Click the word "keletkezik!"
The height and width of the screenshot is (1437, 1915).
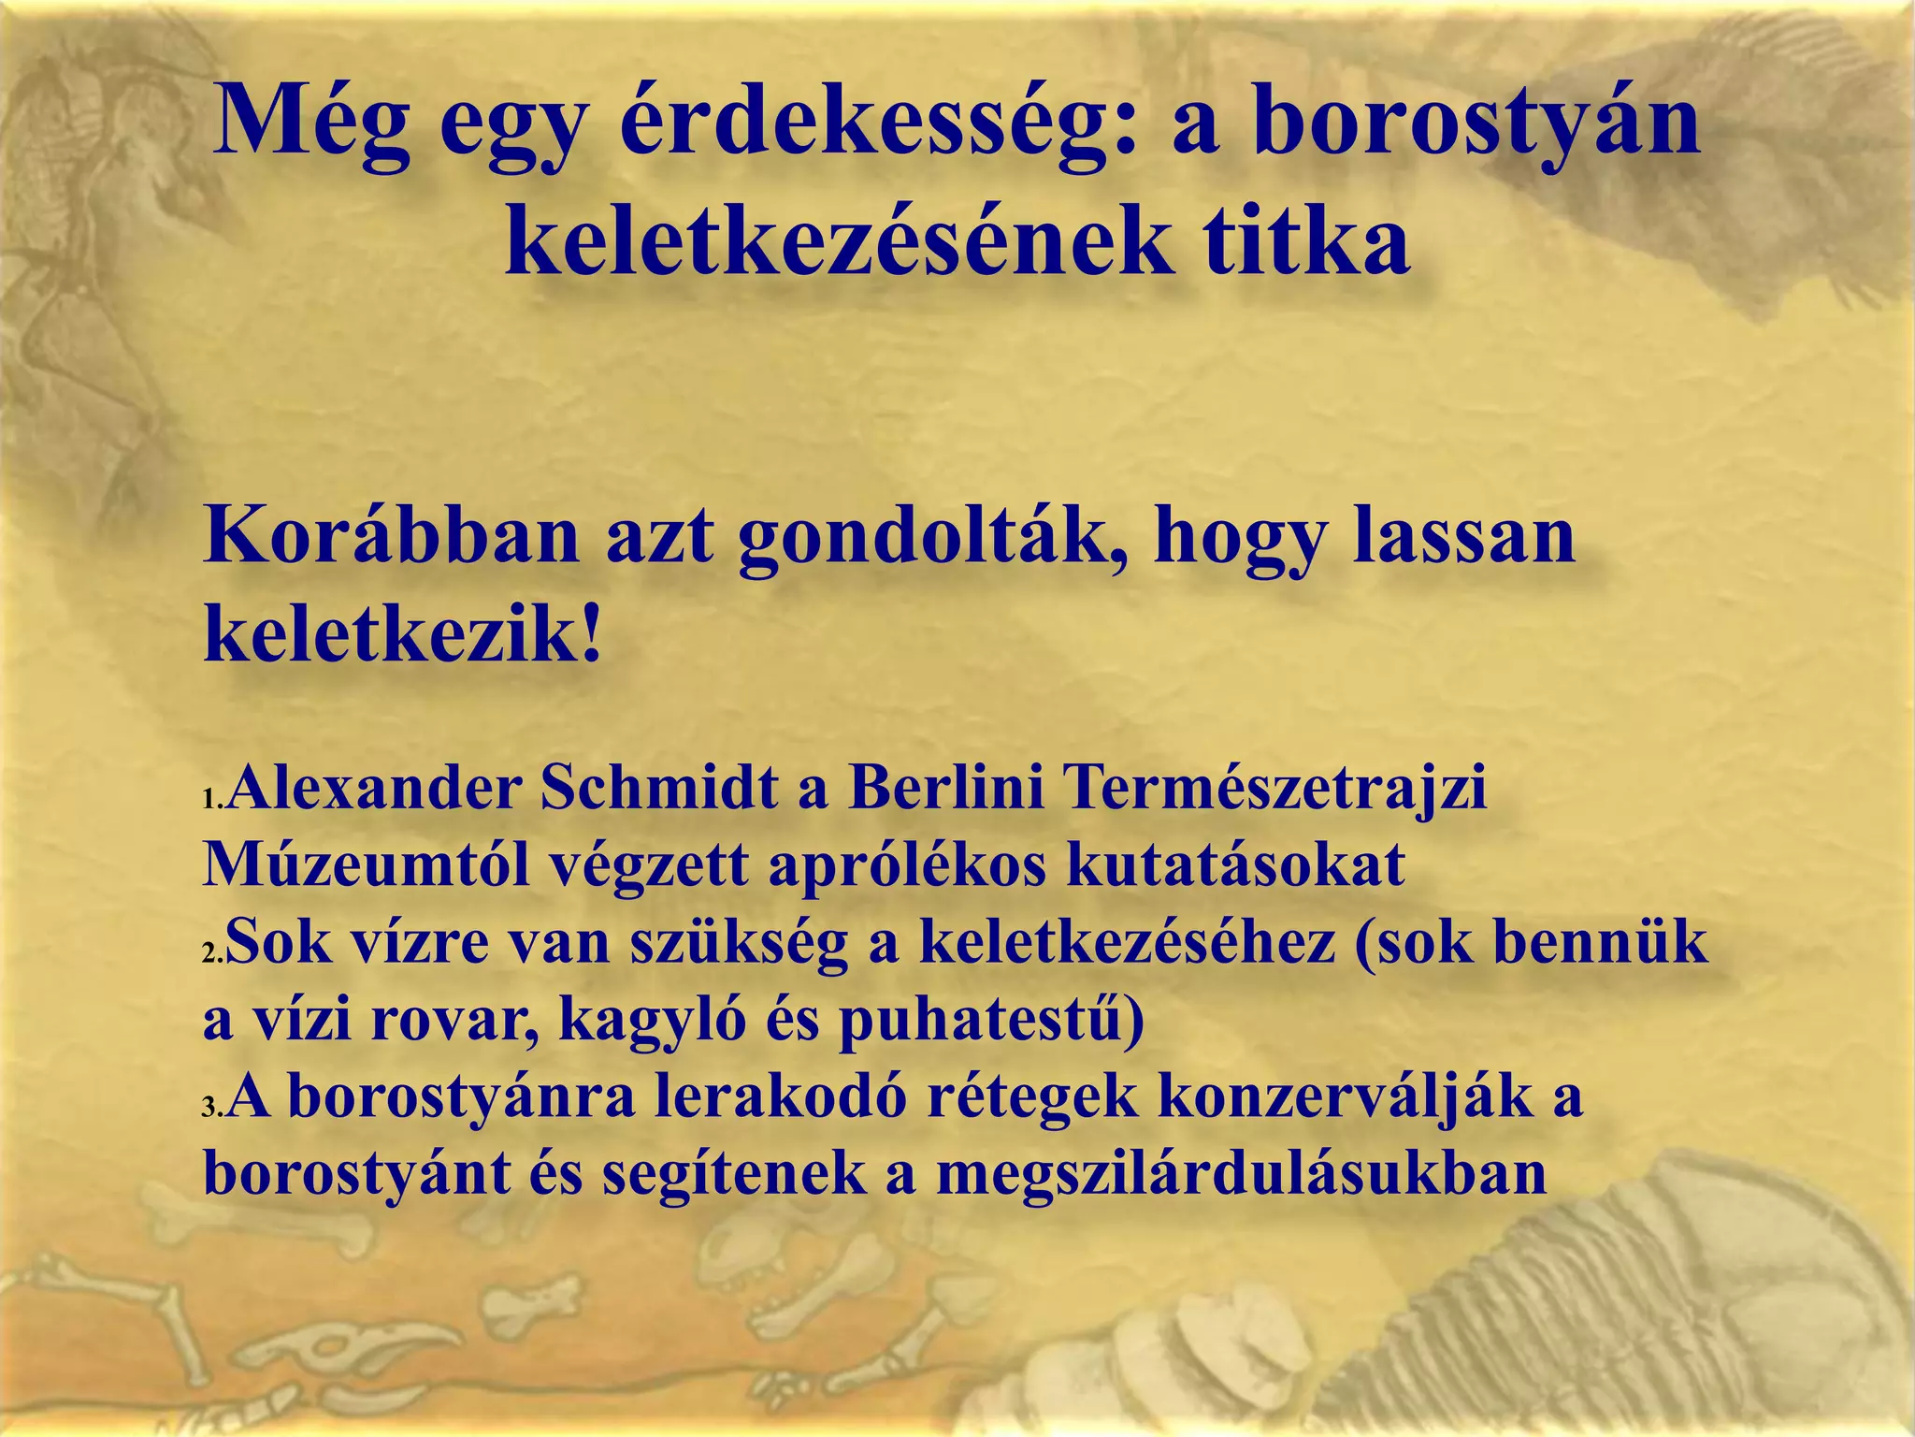point(402,637)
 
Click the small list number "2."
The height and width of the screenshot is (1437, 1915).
point(213,955)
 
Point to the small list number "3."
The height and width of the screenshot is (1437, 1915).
point(213,1110)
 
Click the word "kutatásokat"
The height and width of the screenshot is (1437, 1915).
point(1235,864)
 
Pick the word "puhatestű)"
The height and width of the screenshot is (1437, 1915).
point(990,1020)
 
